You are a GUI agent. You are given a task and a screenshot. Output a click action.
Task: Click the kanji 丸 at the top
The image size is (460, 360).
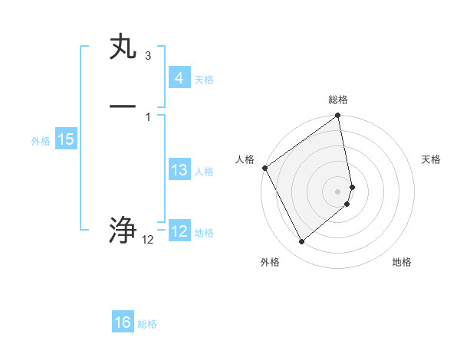tap(123, 48)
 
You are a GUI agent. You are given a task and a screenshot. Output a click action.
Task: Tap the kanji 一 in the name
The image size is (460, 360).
tap(123, 106)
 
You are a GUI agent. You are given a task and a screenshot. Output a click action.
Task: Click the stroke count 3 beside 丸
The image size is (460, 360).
tap(147, 56)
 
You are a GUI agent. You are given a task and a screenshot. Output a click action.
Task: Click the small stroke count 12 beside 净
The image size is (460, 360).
tap(147, 240)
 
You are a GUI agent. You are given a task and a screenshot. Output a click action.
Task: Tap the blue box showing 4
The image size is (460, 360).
tap(179, 78)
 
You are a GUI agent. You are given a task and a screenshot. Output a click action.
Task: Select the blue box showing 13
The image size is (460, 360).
tap(179, 170)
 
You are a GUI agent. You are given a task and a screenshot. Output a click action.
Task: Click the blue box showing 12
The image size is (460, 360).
tap(179, 231)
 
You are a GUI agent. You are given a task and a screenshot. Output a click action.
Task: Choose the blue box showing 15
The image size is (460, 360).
tap(65, 139)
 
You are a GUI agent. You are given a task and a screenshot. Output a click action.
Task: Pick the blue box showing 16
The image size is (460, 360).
tap(123, 322)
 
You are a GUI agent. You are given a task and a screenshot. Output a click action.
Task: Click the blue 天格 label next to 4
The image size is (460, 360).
tap(204, 80)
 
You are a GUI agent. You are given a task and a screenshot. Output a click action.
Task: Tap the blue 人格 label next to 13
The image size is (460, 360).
tap(204, 172)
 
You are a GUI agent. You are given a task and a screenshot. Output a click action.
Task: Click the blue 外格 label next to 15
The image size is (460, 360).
tap(41, 141)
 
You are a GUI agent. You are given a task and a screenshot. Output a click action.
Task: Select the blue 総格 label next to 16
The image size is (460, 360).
tap(147, 324)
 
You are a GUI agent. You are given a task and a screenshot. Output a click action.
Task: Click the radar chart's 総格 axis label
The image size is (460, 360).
tap(338, 100)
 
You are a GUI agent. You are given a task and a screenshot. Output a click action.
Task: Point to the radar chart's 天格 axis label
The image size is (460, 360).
tap(432, 159)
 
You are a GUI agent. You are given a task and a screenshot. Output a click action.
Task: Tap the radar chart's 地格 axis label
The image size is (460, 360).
tap(402, 262)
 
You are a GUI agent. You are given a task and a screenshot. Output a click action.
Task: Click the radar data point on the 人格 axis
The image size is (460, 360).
tap(264, 168)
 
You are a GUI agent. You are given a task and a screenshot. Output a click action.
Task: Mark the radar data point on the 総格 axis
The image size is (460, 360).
tap(338, 116)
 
